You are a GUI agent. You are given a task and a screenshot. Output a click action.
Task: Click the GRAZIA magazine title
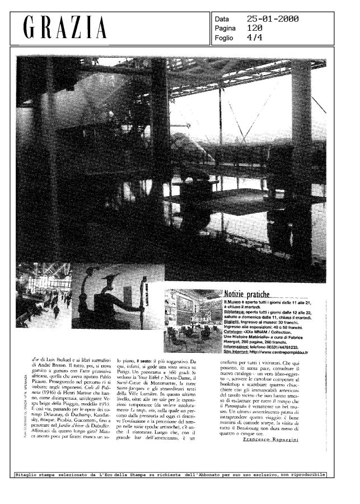point(65,29)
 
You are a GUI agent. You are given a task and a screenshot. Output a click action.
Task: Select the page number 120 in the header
point(255,29)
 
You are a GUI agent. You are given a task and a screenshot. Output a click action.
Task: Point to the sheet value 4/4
point(255,38)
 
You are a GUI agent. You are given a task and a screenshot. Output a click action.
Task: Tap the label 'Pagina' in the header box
point(225,29)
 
